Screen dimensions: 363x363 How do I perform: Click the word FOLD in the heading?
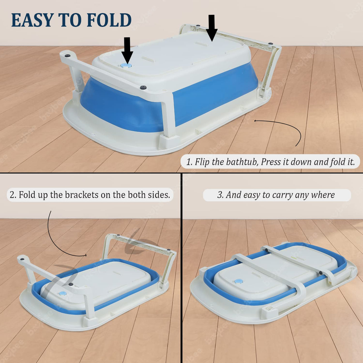coord(109,20)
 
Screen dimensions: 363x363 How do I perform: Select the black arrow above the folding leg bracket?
coord(212,28)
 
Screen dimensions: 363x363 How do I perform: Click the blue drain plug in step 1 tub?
coord(127,65)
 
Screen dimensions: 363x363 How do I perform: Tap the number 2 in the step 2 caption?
coord(12,195)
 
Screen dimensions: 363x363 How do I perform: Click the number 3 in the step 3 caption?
coord(220,195)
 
